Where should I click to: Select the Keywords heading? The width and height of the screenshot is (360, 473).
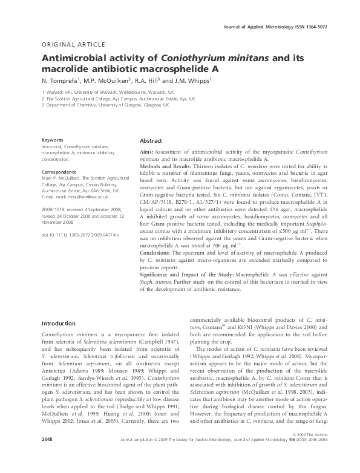[53, 140]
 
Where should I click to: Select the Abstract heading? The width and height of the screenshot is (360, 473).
[151, 140]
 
